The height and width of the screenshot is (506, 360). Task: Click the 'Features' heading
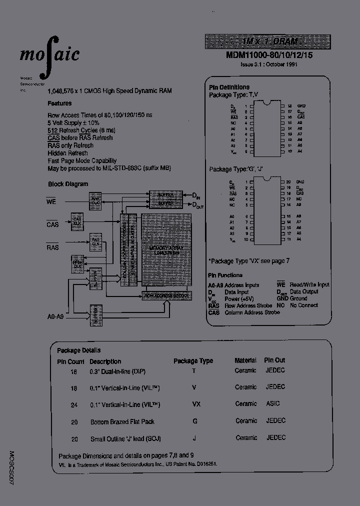(59, 103)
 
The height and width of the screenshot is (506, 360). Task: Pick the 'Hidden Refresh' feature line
(67, 153)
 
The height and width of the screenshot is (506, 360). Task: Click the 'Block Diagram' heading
(67, 184)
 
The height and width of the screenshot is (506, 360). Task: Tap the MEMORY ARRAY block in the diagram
(163, 250)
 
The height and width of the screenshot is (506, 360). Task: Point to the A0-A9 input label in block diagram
(55, 316)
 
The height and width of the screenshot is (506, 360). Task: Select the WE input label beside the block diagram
(51, 201)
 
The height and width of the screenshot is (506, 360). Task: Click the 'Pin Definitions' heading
(228, 87)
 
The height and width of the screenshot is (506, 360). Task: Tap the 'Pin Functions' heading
(225, 275)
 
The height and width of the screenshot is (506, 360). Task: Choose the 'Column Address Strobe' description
(252, 312)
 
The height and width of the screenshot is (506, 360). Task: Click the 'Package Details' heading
(78, 350)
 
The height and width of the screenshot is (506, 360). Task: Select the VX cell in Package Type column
(193, 404)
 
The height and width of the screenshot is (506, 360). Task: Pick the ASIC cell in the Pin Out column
(273, 403)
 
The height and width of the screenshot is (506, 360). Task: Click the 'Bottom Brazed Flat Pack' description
(122, 422)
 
